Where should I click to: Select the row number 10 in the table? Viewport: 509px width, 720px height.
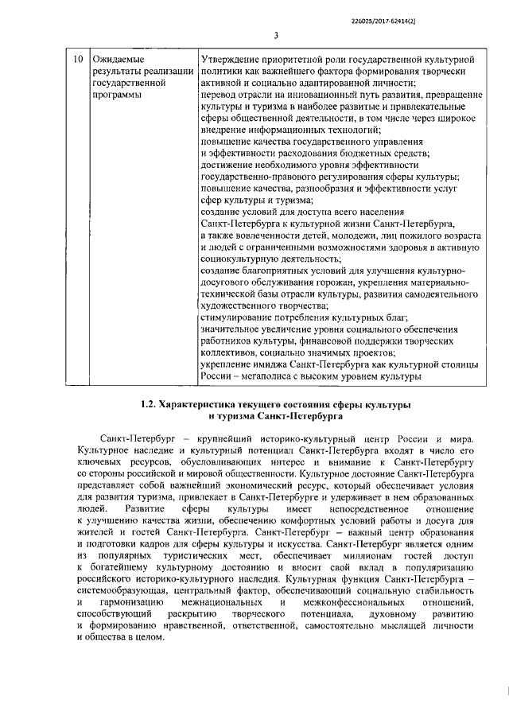click(x=77, y=60)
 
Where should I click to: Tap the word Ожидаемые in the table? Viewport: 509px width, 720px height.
click(x=119, y=60)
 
